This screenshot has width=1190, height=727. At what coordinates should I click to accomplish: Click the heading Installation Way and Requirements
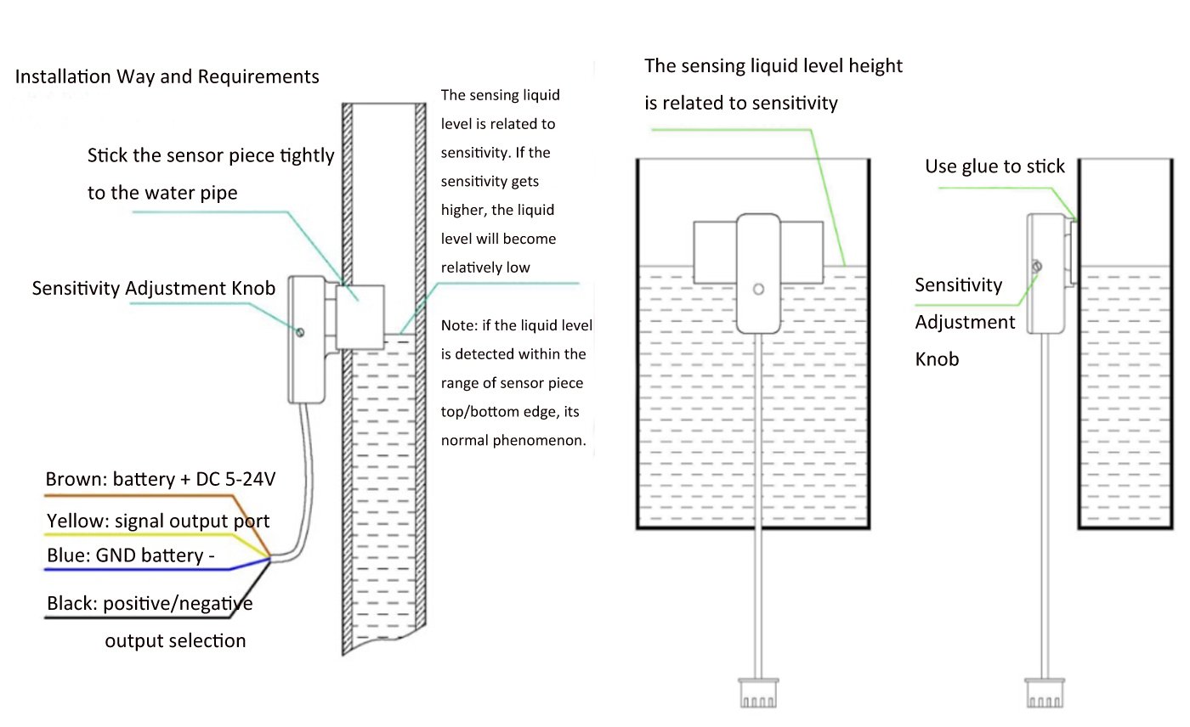[x=167, y=77]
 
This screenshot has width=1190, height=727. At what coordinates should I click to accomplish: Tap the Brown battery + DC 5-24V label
[x=161, y=479]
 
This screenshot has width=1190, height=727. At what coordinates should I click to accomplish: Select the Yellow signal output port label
[x=158, y=521]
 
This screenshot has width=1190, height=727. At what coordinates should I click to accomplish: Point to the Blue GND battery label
[x=131, y=555]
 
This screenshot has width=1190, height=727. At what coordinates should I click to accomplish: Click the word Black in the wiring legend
[x=71, y=603]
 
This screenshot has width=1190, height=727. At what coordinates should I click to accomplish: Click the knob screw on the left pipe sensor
[x=300, y=333]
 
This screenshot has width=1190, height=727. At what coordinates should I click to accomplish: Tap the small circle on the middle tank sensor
[x=758, y=290]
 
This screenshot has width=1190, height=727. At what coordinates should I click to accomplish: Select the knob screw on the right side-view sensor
[x=1036, y=267]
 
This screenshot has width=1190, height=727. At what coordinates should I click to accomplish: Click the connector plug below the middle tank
[x=758, y=692]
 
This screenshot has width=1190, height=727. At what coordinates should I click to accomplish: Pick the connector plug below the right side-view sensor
[x=1045, y=692]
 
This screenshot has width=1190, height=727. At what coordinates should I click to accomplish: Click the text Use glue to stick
[x=994, y=166]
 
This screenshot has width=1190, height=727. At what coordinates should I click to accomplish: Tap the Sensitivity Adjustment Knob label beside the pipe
[x=154, y=288]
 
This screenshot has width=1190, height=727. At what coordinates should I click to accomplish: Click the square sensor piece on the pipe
[x=360, y=318]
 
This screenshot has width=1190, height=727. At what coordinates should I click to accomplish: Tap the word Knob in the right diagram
[x=937, y=360]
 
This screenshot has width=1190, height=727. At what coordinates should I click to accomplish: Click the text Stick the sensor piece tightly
[x=211, y=156]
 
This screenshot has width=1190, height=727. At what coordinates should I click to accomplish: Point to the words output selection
[x=175, y=641]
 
